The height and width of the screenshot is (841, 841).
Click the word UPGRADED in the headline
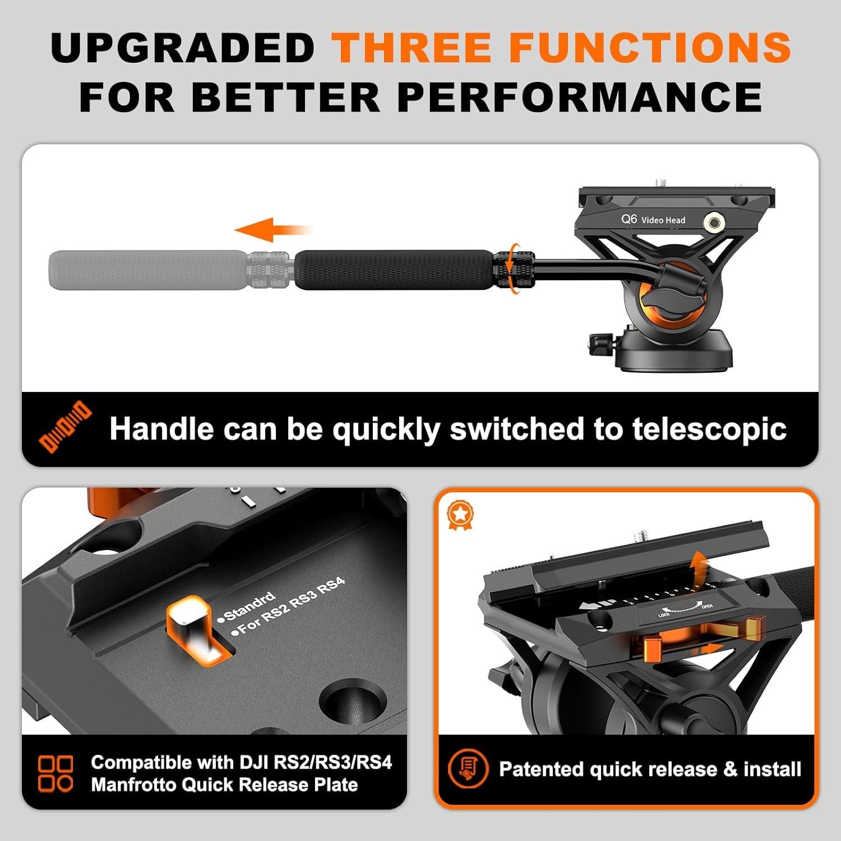coord(183,47)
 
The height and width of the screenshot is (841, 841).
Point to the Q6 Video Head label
coord(653,219)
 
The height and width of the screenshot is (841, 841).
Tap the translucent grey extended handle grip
coord(148,270)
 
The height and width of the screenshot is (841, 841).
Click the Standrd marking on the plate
coord(249,606)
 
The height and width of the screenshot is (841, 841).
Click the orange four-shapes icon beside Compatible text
coord(56,773)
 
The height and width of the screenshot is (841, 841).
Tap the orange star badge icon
coord(460,515)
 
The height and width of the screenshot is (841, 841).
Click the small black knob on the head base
coord(600,343)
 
